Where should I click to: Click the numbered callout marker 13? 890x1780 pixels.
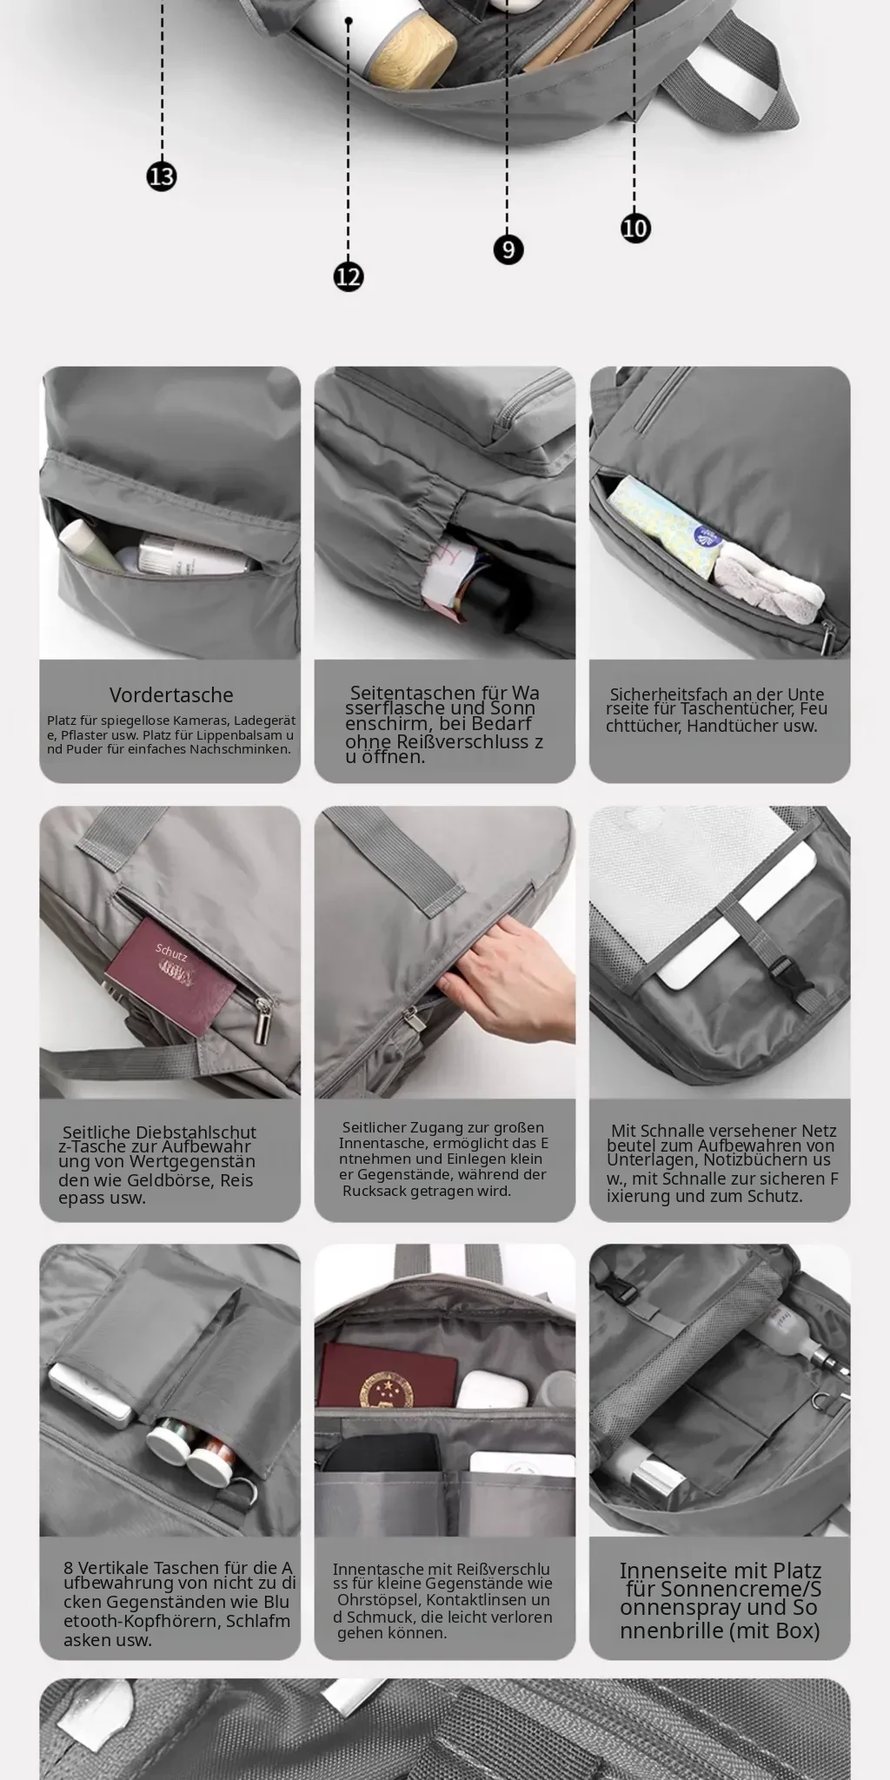(162, 176)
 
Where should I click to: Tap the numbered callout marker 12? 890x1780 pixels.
(349, 276)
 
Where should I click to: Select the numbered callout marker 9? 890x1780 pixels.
(508, 249)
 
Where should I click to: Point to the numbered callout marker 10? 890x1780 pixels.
(635, 228)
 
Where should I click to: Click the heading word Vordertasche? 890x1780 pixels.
(171, 695)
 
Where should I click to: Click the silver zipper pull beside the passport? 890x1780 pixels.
(261, 1021)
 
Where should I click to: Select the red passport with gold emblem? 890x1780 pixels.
(388, 1377)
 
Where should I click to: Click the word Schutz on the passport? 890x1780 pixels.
(171, 949)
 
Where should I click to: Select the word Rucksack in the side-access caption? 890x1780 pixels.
(375, 1191)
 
